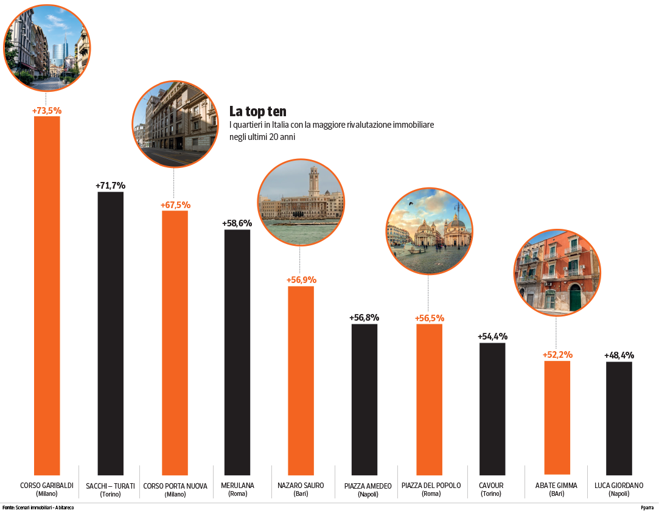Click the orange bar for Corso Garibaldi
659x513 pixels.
[47, 295]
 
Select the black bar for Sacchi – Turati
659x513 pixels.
[111, 333]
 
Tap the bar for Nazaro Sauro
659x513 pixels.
[301, 380]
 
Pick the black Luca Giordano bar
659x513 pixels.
[619, 418]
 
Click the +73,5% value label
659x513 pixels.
[47, 111]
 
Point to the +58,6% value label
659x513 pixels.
[237, 223]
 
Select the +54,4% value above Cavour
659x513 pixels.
[492, 336]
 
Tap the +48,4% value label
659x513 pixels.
[619, 355]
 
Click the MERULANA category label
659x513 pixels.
[237, 485]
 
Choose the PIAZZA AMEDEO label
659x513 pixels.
[368, 486]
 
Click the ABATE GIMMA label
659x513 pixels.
[556, 485]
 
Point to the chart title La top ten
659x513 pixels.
[257, 111]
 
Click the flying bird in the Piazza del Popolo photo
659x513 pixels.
[411, 204]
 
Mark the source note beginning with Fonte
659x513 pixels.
[38, 508]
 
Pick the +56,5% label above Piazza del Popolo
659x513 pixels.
[430, 318]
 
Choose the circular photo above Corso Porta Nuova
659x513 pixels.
[175, 124]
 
